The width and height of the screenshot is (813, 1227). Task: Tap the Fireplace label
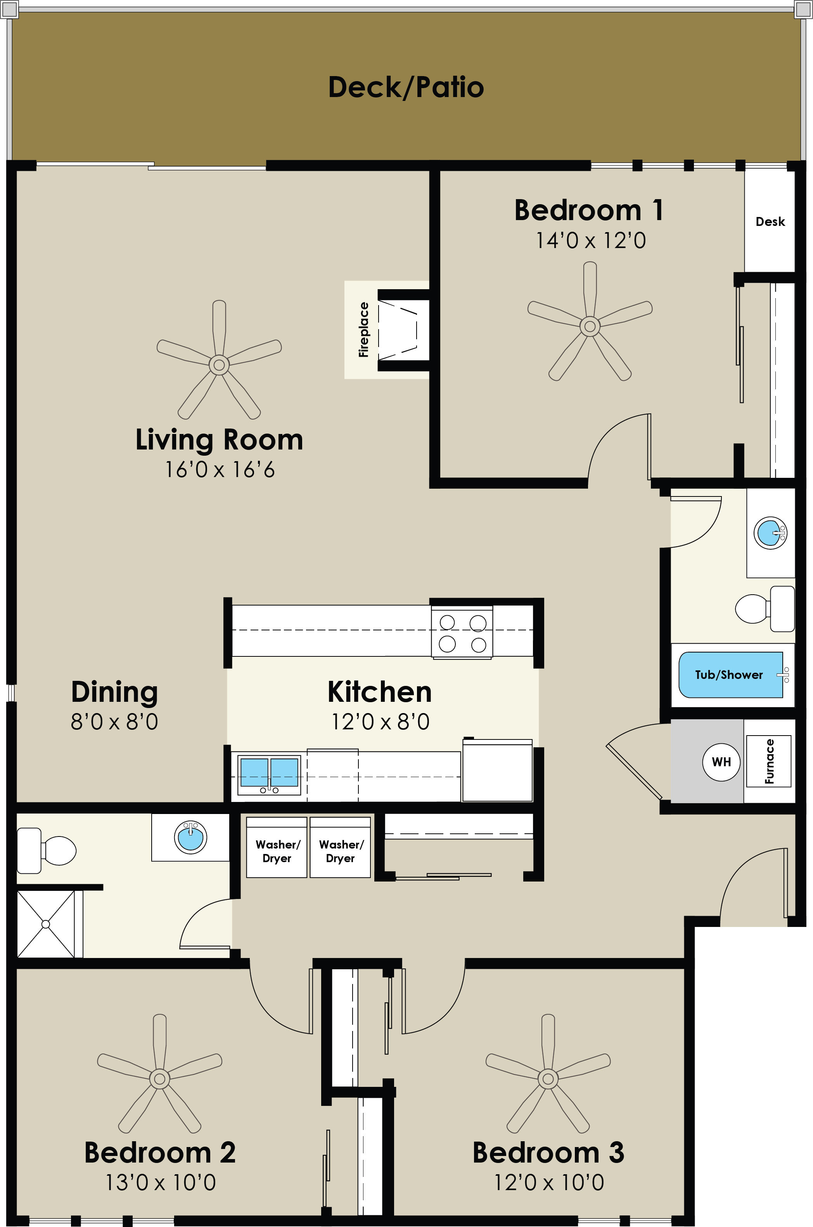[363, 330]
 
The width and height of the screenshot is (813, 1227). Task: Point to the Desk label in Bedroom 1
[770, 222]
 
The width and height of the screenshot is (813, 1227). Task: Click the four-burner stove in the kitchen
[462, 632]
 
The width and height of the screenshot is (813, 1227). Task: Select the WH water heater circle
[721, 762]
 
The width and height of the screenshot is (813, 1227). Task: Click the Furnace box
[768, 761]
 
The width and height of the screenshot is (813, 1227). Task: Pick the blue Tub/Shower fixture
[730, 675]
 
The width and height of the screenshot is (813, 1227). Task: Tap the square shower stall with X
[46, 924]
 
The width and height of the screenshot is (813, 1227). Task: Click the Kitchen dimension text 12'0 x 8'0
[380, 722]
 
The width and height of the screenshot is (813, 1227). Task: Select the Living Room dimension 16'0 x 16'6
[219, 470]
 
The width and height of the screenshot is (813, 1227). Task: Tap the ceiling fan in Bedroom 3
[548, 1079]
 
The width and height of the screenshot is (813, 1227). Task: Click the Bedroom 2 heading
[160, 1152]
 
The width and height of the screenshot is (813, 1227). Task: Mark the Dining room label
[114, 692]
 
